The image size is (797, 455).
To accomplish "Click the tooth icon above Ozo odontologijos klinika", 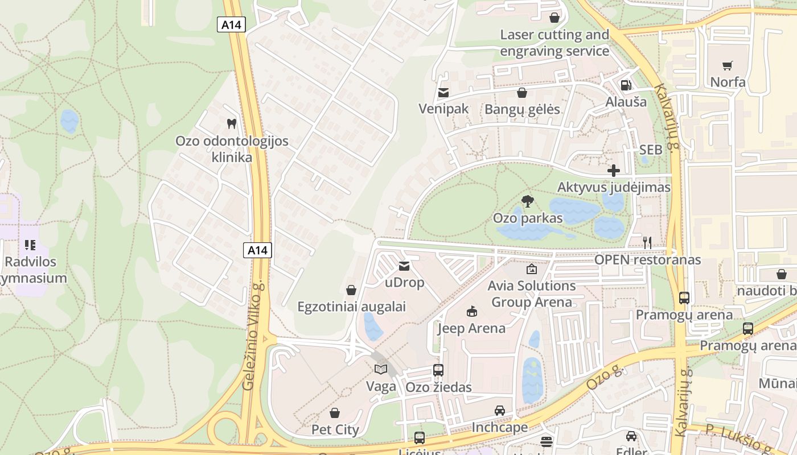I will coord(231,123).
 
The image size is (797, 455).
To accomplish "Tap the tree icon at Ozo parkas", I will coord(528,201).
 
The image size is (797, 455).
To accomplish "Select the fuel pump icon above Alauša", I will coord(626,85).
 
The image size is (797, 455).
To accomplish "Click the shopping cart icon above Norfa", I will coord(727,65).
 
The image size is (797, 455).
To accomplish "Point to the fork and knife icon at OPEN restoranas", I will coord(647,243).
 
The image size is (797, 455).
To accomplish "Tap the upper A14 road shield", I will coord(231,25).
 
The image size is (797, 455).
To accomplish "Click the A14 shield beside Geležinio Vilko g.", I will coord(257,250).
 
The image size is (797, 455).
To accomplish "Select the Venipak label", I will coord(443,109).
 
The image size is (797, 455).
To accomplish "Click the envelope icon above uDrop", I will coord(404,266).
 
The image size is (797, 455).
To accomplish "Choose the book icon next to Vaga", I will coord(381,370).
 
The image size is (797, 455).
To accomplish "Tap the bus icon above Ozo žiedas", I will coord(438,370).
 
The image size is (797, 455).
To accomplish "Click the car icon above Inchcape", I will coord(499,410).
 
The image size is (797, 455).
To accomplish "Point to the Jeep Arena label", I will coord(471,328).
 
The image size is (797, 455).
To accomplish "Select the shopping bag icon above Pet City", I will coord(335,412).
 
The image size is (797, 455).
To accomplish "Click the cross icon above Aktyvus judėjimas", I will coord(613,170).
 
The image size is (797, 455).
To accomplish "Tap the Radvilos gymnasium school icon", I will coord(30,245).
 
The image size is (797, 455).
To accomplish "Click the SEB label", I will coord(651,150).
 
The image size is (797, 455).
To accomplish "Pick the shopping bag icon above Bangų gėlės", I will coord(522,93).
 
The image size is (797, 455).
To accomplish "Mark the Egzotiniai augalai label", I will coord(351,307).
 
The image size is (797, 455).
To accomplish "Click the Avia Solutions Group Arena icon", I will coord(532,269).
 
